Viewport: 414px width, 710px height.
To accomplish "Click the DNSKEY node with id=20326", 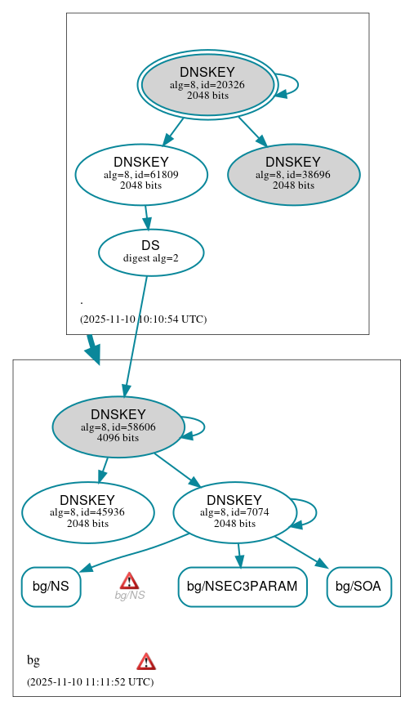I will (x=207, y=84).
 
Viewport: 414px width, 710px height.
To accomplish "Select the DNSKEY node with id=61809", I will (x=140, y=173).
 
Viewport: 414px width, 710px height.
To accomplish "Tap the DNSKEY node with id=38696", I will (x=293, y=173).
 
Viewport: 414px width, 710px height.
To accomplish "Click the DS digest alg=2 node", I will (x=150, y=252).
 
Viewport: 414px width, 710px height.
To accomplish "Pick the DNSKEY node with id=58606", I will (x=118, y=426).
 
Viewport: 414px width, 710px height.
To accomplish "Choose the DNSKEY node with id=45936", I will (x=87, y=512).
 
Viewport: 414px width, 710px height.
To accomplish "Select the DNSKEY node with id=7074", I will (x=234, y=512).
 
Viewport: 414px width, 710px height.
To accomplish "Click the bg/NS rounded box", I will (x=51, y=587).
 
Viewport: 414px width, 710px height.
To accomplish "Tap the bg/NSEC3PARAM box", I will (x=242, y=587).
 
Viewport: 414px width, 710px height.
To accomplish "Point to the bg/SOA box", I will (x=359, y=587).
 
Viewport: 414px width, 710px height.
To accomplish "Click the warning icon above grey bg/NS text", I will (x=129, y=581).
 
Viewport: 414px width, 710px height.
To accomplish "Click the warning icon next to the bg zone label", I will (x=146, y=661).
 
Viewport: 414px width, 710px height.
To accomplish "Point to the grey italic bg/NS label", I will (x=129, y=596).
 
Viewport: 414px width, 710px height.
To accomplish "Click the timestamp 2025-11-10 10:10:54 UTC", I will (x=143, y=319).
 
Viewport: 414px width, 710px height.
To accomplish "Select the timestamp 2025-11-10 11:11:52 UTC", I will (x=90, y=681).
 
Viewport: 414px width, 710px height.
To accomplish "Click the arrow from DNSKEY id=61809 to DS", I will (x=146, y=217).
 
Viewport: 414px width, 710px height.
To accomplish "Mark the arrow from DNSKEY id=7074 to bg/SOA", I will (x=300, y=551).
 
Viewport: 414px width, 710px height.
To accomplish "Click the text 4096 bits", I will (x=118, y=438).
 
